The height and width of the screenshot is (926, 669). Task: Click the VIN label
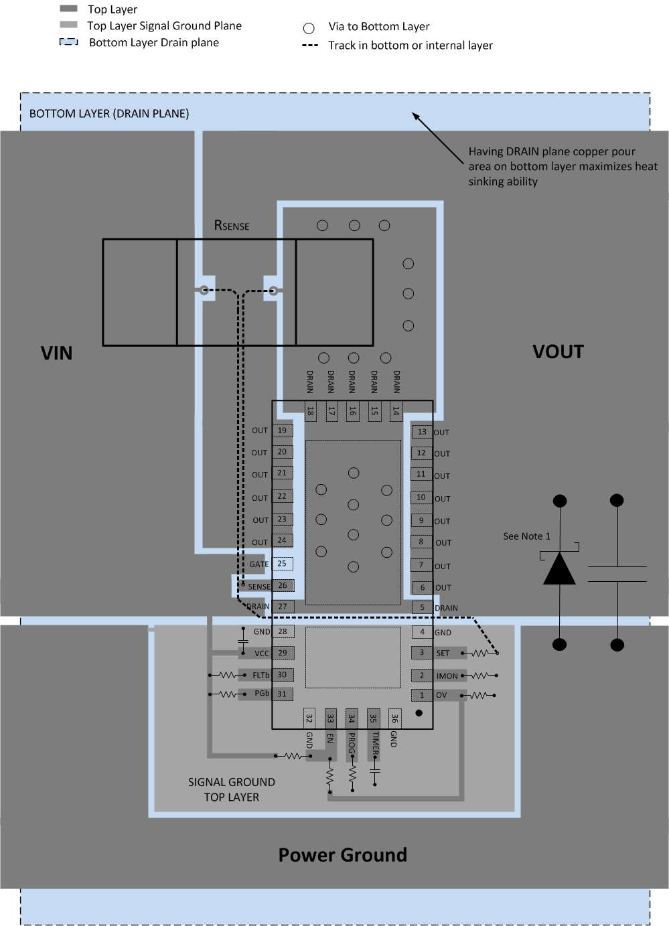56,354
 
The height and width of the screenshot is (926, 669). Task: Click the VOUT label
558,352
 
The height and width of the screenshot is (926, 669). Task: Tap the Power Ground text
342,855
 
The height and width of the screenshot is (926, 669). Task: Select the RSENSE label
232,226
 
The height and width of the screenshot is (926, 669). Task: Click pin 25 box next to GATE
282,564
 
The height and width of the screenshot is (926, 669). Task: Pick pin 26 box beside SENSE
283,585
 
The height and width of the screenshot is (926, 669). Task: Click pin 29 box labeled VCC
283,653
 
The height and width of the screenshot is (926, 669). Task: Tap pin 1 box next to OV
422,695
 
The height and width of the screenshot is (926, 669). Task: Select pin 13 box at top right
422,432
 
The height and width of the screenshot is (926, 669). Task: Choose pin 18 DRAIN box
310,411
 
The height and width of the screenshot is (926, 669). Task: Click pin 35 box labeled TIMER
373,718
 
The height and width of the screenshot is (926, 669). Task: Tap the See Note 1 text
526,536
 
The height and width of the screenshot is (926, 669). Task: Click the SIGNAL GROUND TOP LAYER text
231,789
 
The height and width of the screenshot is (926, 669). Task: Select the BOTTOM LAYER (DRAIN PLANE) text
109,114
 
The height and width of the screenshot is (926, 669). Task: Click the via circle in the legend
309,28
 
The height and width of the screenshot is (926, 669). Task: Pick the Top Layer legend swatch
69,9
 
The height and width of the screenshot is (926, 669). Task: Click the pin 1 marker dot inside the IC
419,713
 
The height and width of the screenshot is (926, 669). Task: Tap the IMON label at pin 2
447,676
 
